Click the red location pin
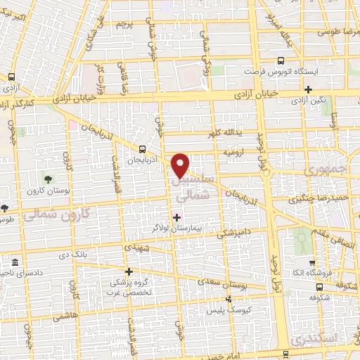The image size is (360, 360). [x=182, y=165]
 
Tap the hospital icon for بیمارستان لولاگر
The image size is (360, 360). [x=176, y=217]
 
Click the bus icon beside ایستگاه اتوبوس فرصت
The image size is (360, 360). [x=281, y=62]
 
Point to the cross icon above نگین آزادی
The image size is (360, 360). [x=309, y=89]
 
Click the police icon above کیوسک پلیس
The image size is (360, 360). [x=226, y=300]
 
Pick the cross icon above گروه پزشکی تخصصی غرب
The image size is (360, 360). [x=128, y=271]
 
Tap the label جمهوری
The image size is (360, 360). [x=323, y=172]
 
